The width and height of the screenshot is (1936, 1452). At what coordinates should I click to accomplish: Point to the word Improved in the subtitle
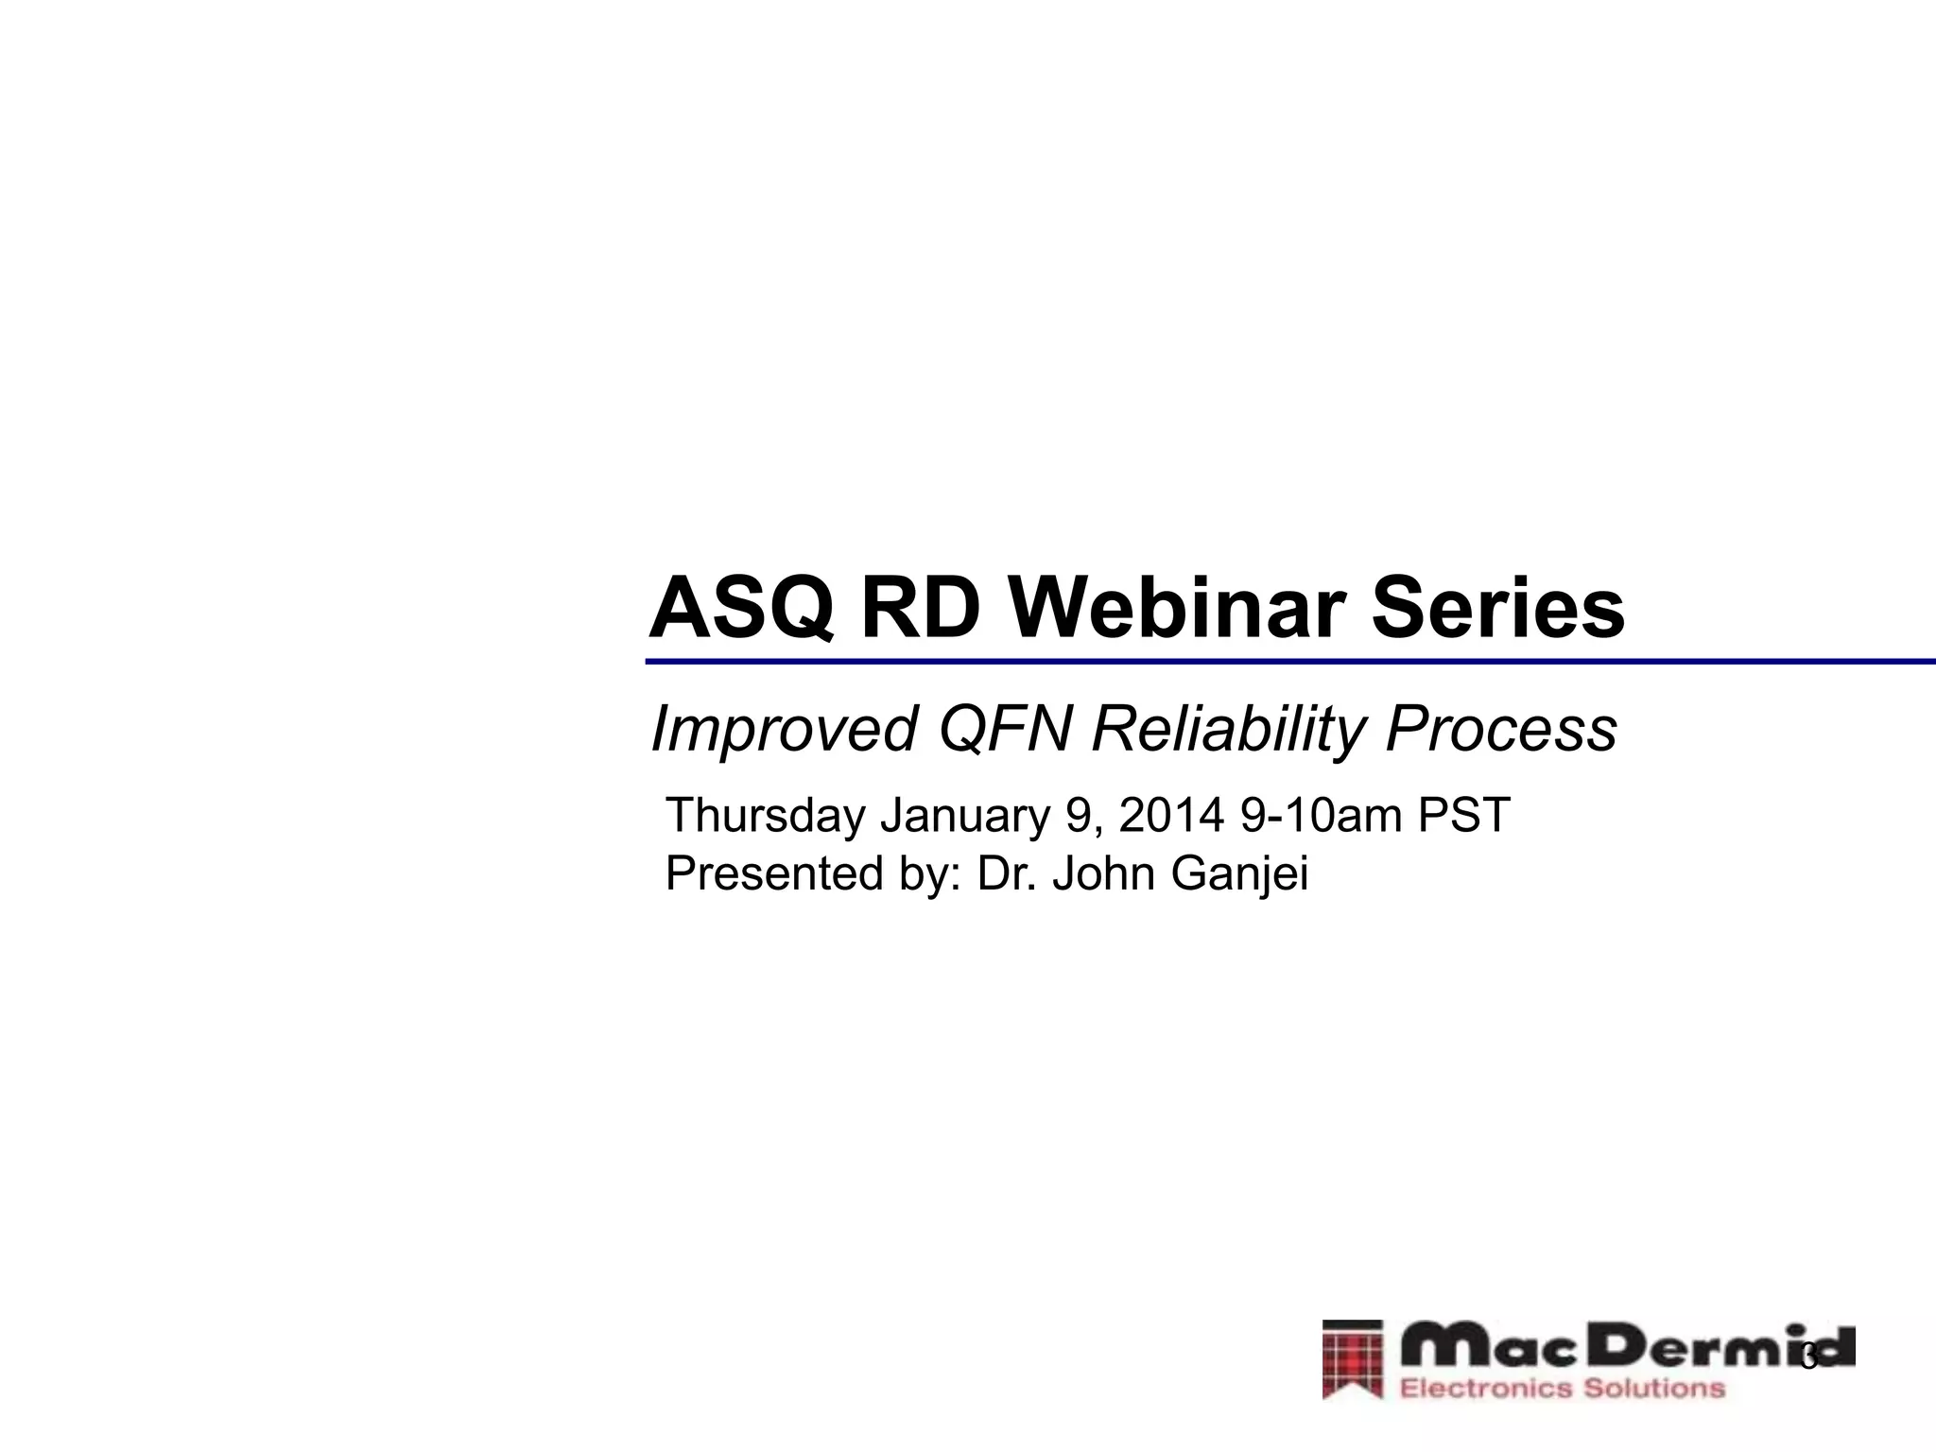pyautogui.click(x=784, y=730)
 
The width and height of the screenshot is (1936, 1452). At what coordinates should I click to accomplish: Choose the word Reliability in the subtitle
pyautogui.click(x=1229, y=730)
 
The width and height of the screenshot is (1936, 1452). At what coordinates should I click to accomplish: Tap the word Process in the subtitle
pyautogui.click(x=1500, y=730)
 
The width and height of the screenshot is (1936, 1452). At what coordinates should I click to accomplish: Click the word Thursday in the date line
pyautogui.click(x=765, y=815)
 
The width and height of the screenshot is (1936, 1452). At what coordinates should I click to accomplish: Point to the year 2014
pyautogui.click(x=1171, y=815)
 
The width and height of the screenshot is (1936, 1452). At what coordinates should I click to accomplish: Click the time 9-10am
pyautogui.click(x=1321, y=815)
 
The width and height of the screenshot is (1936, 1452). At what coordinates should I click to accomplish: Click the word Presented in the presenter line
pyautogui.click(x=776, y=873)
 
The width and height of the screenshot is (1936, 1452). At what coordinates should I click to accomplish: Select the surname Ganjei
pyautogui.click(x=1239, y=873)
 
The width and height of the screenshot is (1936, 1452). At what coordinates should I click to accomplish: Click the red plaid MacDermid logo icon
pyautogui.click(x=1353, y=1359)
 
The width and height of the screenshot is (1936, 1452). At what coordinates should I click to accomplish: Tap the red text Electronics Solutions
pyautogui.click(x=1562, y=1388)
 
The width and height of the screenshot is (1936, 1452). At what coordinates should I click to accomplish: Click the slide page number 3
pyautogui.click(x=1809, y=1359)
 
